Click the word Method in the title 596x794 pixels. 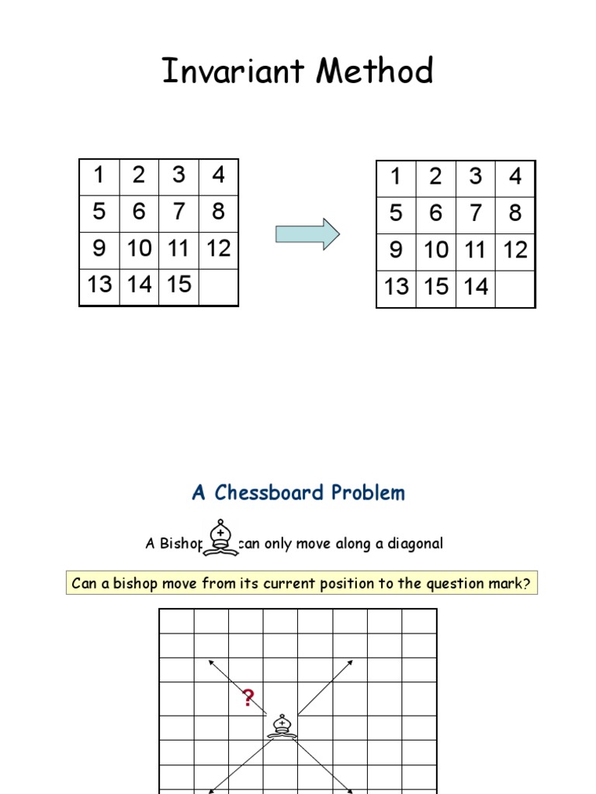[375, 72]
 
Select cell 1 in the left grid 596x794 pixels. [99, 176]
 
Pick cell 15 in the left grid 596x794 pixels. [178, 285]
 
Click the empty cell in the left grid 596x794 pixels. [219, 285]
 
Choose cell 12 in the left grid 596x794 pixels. [219, 249]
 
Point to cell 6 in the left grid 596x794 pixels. [139, 212]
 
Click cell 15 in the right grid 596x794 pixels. [436, 287]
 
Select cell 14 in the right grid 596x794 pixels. [476, 287]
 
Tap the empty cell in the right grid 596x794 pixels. [515, 288]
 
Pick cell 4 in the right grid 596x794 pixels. [515, 178]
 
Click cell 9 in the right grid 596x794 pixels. [397, 250]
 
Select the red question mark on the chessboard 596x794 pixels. [248, 699]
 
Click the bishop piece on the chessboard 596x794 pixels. [281, 725]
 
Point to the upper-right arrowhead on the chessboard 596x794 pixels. [350, 663]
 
